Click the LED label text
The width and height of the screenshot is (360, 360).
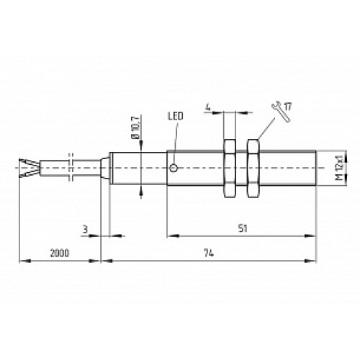coord(175,115)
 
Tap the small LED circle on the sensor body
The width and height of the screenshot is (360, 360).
coord(174,168)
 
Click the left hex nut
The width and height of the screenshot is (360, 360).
coord(230,168)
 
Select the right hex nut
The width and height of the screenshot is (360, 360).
coord(253,168)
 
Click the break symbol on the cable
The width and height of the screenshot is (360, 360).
coord(71,168)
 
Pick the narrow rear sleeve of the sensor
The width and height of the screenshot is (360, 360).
coord(104,168)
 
